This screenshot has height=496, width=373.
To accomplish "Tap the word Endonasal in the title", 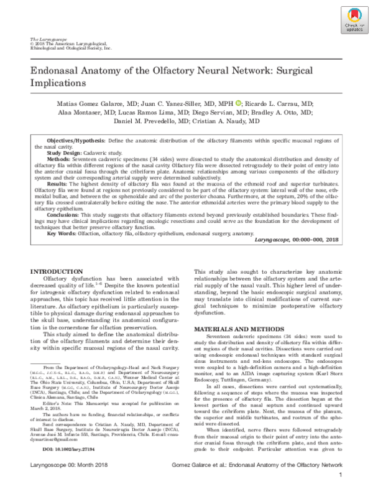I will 60,71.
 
